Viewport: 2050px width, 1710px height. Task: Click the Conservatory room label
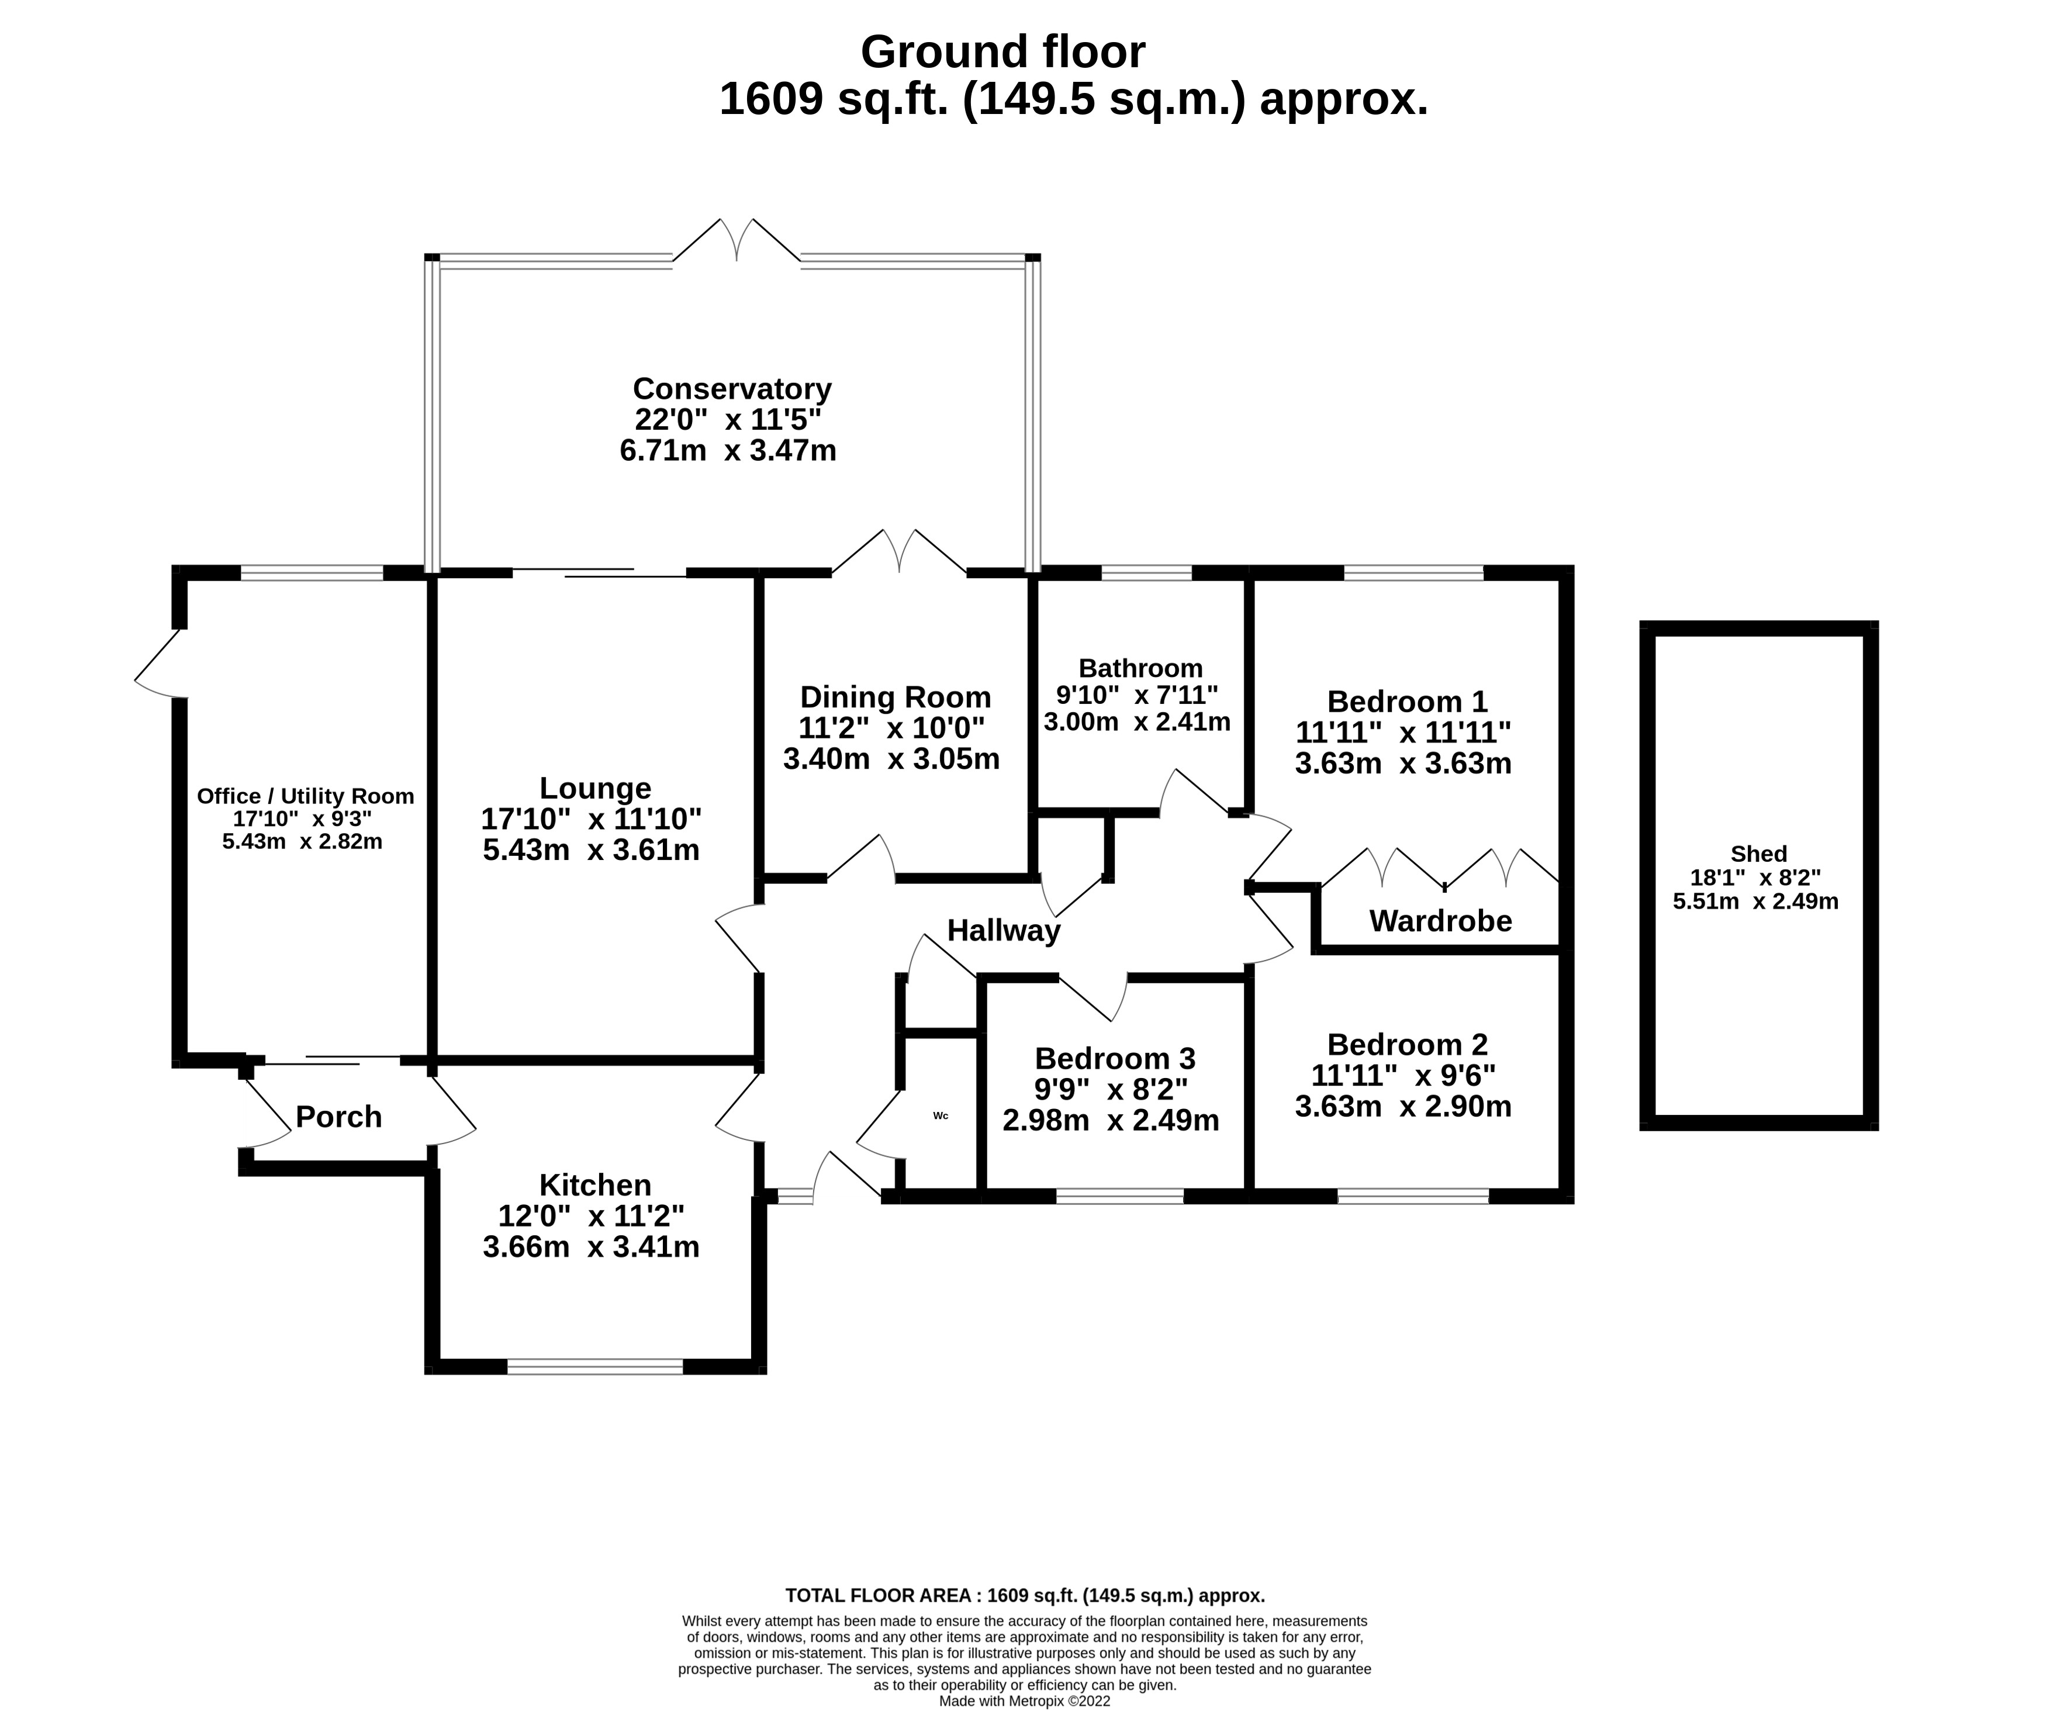click(x=731, y=389)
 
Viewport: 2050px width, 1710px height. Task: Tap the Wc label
click(x=940, y=1115)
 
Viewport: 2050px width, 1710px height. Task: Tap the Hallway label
click(x=1004, y=931)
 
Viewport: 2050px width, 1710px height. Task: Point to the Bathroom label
click(x=1140, y=668)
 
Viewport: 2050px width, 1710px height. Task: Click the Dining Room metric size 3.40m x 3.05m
click(x=891, y=759)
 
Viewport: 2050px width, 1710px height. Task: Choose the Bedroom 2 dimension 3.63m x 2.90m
click(x=1403, y=1107)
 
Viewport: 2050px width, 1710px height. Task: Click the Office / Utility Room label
click(x=306, y=796)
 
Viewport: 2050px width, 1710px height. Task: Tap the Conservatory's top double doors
click(x=737, y=242)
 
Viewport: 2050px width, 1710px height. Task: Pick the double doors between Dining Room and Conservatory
click(x=899, y=552)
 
